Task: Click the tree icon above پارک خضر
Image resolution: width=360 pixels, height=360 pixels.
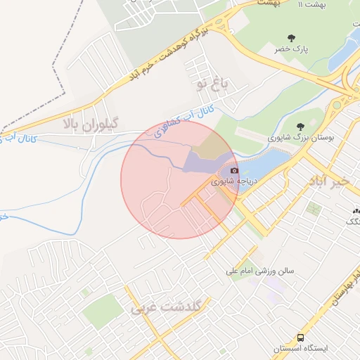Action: click(291, 37)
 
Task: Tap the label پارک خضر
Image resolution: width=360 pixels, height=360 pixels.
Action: click(290, 49)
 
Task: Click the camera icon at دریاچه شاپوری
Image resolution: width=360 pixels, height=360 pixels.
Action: click(234, 169)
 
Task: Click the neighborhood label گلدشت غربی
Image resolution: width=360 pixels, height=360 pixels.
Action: click(167, 308)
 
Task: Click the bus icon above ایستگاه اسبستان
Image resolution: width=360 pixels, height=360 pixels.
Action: click(301, 337)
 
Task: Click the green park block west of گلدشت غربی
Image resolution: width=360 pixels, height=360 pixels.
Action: click(103, 310)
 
